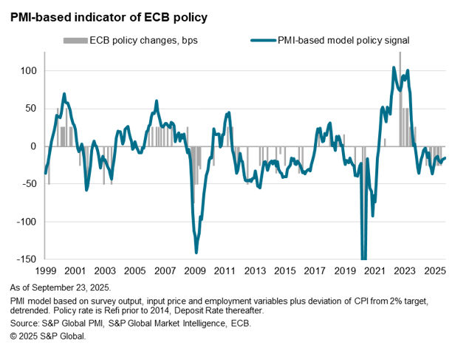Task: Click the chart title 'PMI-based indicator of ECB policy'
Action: [x=108, y=16]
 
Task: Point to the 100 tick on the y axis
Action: [x=27, y=71]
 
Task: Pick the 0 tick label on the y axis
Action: [x=32, y=146]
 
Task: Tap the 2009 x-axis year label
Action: [x=195, y=271]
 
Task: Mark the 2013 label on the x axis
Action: [x=255, y=271]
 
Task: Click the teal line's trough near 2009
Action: [x=196, y=252]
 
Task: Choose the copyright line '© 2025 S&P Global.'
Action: [x=49, y=336]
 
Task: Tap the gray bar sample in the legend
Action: [x=75, y=40]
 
